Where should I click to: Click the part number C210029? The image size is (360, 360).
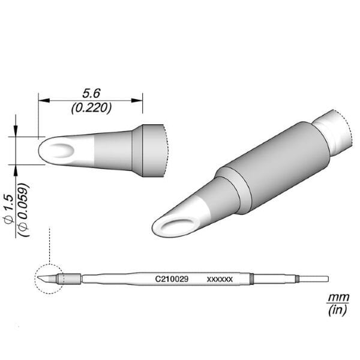coord(172,279)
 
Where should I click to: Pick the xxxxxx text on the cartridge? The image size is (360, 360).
coord(220,280)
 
